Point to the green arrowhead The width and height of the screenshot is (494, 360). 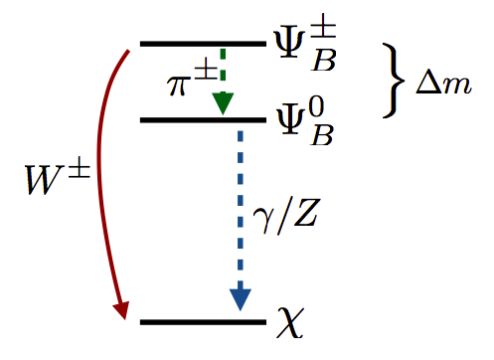coord(223,101)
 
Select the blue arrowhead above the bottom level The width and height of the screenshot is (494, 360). coord(240,298)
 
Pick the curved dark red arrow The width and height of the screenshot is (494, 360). coord(101,179)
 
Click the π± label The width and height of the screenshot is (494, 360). coord(187,83)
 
